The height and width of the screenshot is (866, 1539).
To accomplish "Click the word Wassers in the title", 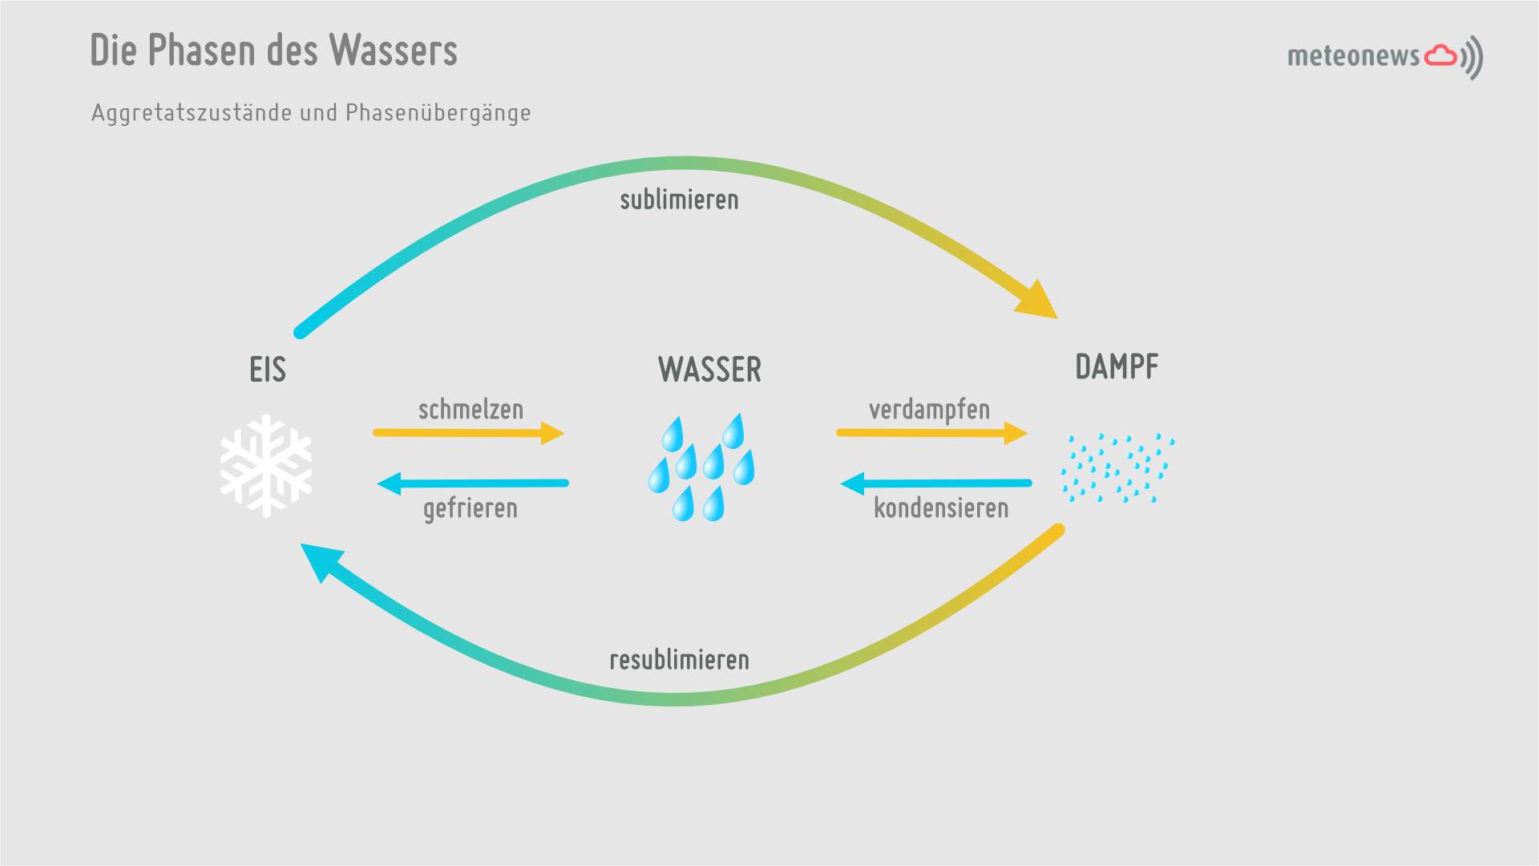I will (x=393, y=51).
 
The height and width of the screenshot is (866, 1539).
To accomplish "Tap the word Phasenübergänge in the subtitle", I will (x=438, y=113).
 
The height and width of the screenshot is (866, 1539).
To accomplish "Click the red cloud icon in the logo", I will (x=1440, y=55).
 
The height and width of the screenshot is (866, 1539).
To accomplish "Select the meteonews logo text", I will (x=1353, y=56).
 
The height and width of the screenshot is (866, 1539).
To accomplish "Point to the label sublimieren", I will (x=679, y=200).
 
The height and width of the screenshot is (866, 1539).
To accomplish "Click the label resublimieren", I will (x=679, y=660).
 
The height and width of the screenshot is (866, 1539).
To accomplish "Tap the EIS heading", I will (x=268, y=370).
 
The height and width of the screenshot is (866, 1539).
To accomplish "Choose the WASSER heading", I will (x=709, y=370).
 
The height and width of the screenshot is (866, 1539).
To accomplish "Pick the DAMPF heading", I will (x=1117, y=367).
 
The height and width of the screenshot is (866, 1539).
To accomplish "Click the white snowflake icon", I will (x=266, y=465).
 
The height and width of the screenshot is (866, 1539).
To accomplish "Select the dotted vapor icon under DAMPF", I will (x=1117, y=468).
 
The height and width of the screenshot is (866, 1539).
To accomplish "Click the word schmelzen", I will (x=471, y=410).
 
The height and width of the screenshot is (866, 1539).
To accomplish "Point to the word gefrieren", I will (x=471, y=508).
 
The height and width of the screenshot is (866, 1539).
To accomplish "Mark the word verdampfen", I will (x=929, y=410).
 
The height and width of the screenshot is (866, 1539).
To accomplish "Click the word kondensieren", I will (x=941, y=508).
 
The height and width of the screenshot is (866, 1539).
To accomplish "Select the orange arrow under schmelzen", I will (x=469, y=433).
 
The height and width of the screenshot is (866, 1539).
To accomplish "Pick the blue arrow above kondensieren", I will (x=936, y=484).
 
